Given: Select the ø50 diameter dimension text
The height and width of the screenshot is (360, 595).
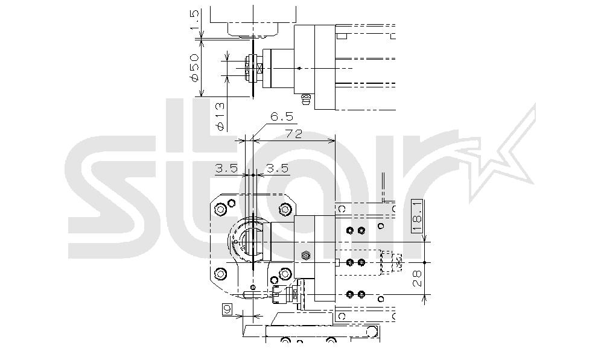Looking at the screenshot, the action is click(194, 68).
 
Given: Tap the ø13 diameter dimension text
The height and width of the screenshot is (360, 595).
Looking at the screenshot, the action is click(220, 116).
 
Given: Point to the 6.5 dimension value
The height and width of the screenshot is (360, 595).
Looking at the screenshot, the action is click(282, 116).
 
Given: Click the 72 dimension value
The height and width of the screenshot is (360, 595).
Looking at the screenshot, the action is click(293, 134).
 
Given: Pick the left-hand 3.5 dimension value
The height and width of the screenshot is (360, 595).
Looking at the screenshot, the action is click(226, 168).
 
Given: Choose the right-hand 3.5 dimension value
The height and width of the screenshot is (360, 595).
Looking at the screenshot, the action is click(278, 168).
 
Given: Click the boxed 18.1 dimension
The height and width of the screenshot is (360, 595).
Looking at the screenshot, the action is click(417, 215).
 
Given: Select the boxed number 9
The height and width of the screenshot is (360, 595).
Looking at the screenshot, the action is click(227, 310).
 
